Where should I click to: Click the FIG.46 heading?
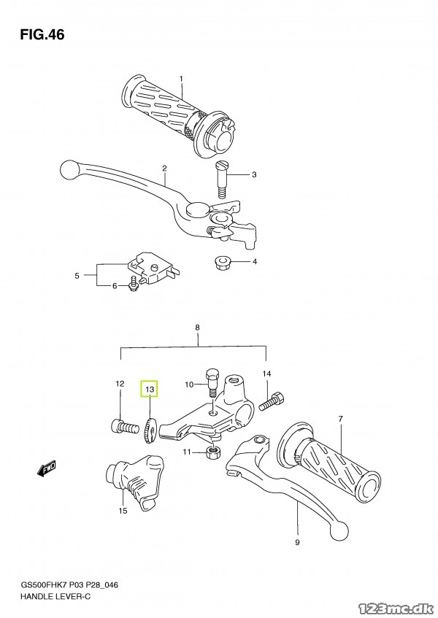pos(43,34)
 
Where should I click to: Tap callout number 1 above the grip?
pos(181,79)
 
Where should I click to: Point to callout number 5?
pos(76,276)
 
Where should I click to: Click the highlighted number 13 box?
pos(149,390)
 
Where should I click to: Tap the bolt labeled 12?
pos(122,425)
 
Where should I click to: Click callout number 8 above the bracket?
pos(197,328)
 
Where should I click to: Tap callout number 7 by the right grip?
pos(340,419)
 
